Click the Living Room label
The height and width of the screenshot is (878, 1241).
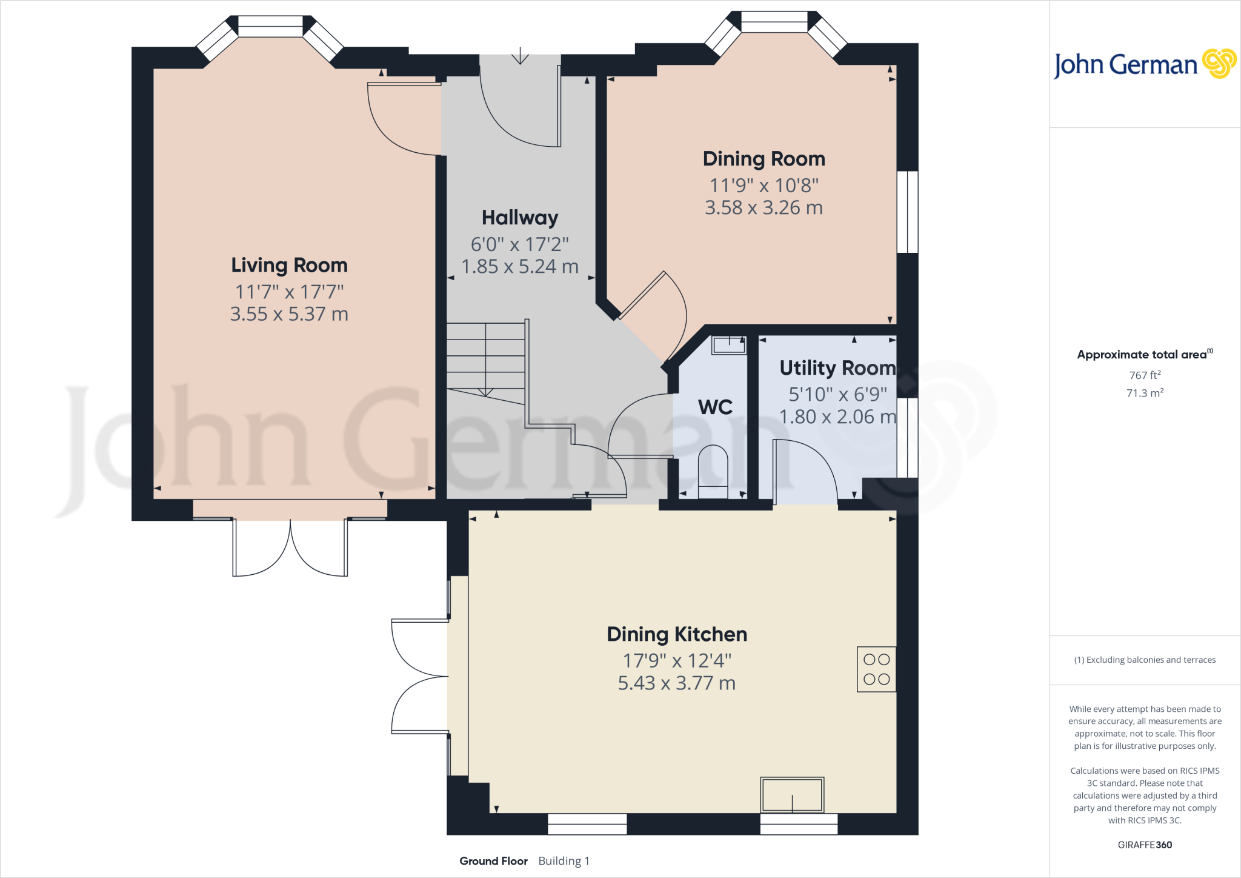[x=289, y=266]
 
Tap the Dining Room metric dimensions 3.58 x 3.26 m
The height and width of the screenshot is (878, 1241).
[x=764, y=208]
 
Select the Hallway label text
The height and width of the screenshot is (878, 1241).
[x=520, y=218]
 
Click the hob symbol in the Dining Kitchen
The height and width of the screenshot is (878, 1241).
[x=876, y=669]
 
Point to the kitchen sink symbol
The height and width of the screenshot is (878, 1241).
[x=792, y=794]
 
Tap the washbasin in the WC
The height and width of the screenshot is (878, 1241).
[x=729, y=345]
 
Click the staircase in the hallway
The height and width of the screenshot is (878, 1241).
[x=486, y=361]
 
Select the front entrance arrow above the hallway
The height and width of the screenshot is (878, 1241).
[x=520, y=56]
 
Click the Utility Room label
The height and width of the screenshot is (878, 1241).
[x=837, y=368]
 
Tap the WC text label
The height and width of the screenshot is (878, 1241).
[x=715, y=407]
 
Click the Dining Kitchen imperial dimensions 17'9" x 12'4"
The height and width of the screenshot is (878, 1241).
[x=677, y=660]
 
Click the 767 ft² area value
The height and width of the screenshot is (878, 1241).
[x=1145, y=375]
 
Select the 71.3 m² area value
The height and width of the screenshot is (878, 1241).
[x=1145, y=393]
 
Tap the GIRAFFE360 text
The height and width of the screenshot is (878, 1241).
[x=1145, y=845]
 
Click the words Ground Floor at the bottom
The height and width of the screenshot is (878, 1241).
[x=493, y=861]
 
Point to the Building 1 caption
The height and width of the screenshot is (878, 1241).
[x=564, y=861]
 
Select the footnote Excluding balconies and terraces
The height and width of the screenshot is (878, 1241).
[x=1145, y=660]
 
